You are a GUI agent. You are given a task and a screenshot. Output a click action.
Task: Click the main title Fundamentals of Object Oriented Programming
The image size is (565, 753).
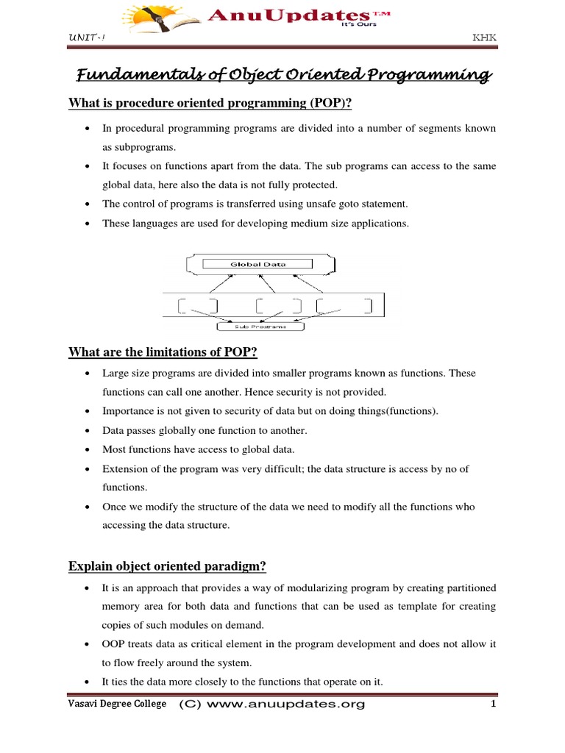pos(283,75)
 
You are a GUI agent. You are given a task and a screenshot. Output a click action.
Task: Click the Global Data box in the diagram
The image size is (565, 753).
pos(258,263)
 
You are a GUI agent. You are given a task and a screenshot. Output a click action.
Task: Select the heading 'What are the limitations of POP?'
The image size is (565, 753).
pos(157,352)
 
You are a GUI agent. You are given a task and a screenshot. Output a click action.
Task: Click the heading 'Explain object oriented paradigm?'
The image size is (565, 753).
pos(167,565)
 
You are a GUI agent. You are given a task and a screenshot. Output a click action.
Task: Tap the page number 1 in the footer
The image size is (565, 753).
pos(494,704)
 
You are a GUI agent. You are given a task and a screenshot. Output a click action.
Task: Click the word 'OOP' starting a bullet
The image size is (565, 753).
pos(113,643)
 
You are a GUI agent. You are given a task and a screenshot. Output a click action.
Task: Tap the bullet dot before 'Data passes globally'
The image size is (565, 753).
pos(88,430)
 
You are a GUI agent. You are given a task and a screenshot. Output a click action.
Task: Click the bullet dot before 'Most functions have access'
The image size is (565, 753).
pos(88,449)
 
